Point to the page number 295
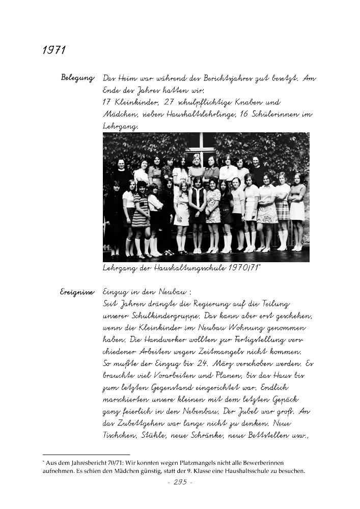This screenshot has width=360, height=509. click(180, 482)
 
